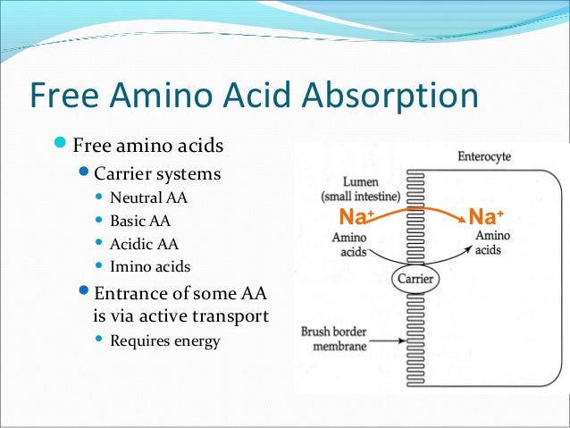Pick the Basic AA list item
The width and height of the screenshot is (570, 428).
[x=139, y=221]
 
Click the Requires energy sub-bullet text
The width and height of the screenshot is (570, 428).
[x=164, y=340]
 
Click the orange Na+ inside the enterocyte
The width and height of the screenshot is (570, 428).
[x=486, y=217]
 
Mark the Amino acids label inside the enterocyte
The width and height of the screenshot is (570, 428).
[x=488, y=243]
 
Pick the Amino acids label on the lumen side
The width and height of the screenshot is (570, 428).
[x=349, y=245]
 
